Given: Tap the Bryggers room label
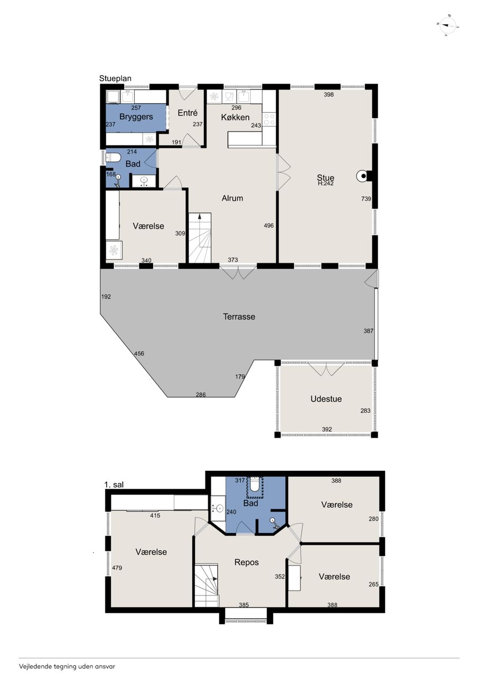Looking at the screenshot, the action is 136,117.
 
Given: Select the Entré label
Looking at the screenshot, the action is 188,113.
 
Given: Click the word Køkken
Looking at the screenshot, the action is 235,117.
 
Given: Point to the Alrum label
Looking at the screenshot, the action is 232,198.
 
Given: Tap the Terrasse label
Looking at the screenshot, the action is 239,316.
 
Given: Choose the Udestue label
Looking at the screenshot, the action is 326,399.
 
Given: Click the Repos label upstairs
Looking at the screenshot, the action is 247,562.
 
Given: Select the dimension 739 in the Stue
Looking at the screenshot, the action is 366,198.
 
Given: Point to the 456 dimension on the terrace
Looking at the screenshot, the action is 139,353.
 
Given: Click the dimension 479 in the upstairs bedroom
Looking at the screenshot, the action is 117,568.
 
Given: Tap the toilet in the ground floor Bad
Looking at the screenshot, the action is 113,157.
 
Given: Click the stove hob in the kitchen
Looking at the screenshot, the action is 269,119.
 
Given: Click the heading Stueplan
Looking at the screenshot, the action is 115,78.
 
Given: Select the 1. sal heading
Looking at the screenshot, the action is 114,485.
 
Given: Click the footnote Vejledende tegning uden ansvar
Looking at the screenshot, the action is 67,666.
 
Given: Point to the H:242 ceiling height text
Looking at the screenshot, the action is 325,183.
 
